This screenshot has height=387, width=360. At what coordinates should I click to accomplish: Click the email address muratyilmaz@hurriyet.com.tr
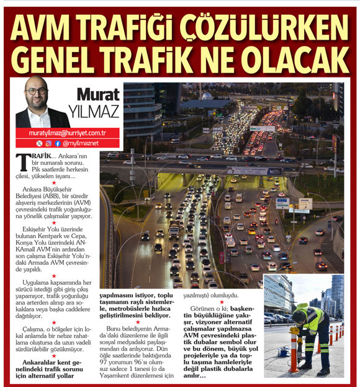click(x=67, y=133)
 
